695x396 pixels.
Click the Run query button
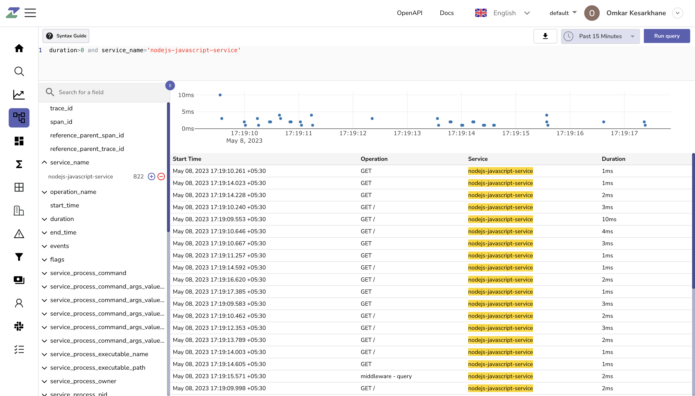pyautogui.click(x=666, y=36)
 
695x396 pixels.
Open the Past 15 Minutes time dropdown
pyautogui.click(x=600, y=36)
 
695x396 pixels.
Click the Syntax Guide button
pyautogui.click(x=66, y=36)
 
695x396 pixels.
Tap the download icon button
pyautogui.click(x=545, y=36)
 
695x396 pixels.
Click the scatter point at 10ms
pyautogui.click(x=220, y=95)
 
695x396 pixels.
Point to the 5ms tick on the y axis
pyautogui.click(x=188, y=112)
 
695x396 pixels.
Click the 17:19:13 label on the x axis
pyautogui.click(x=407, y=133)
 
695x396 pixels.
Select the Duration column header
pyautogui.click(x=613, y=159)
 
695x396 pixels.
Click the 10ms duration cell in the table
pyautogui.click(x=609, y=219)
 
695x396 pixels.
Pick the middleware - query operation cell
pyautogui.click(x=386, y=376)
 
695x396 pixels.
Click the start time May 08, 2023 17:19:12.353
pyautogui.click(x=219, y=328)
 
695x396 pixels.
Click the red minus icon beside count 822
pyautogui.click(x=161, y=177)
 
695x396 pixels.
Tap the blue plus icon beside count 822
pyautogui.click(x=151, y=177)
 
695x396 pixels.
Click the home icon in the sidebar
pyautogui.click(x=19, y=48)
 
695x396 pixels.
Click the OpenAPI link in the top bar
pyautogui.click(x=409, y=13)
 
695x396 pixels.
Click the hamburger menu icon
pyautogui.click(x=30, y=13)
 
